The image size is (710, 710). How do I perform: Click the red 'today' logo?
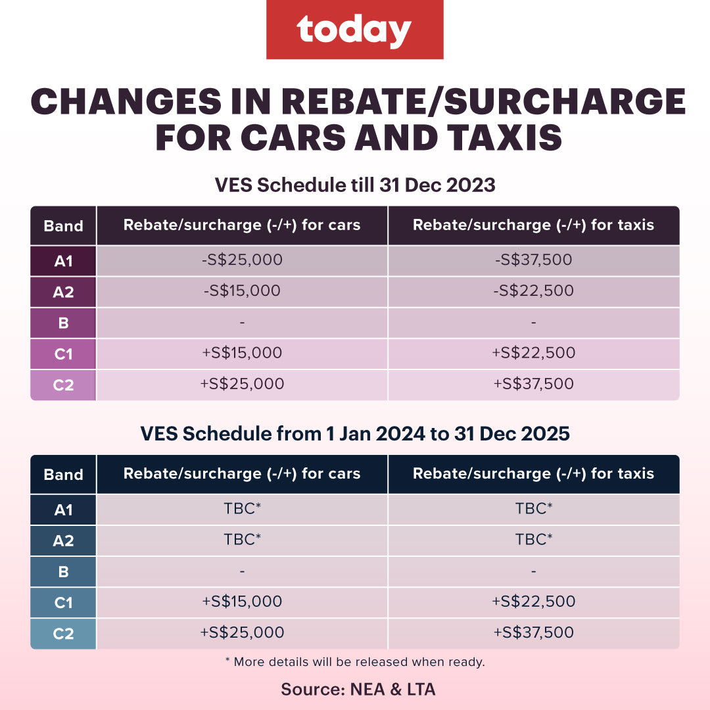[x=354, y=30]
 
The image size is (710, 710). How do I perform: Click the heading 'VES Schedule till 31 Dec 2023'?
[x=354, y=185]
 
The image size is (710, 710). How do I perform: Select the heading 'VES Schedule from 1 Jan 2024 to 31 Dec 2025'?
[x=354, y=435]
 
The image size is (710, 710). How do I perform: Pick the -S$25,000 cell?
[x=242, y=260]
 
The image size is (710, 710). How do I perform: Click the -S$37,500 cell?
[x=533, y=260]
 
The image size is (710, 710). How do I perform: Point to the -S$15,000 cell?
[x=242, y=291]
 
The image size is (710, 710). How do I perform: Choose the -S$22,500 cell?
[x=533, y=291]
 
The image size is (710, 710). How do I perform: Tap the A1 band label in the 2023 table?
[x=63, y=260]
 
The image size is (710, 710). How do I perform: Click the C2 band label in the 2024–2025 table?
[x=63, y=633]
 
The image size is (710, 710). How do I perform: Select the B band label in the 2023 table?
[x=63, y=323]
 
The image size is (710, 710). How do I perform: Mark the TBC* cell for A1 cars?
[x=242, y=509]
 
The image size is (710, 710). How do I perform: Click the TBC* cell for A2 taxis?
[x=533, y=540]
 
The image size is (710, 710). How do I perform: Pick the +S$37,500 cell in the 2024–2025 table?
[x=533, y=632]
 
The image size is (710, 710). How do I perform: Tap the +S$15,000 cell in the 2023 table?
[x=242, y=352]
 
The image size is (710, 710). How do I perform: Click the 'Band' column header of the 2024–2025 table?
[x=63, y=474]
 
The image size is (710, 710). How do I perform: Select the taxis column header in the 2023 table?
[x=533, y=225]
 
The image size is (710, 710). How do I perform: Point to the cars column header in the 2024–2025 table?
[x=242, y=474]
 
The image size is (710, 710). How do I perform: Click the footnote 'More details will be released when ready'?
[x=354, y=662]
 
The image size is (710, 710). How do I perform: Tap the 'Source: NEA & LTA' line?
[x=358, y=689]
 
